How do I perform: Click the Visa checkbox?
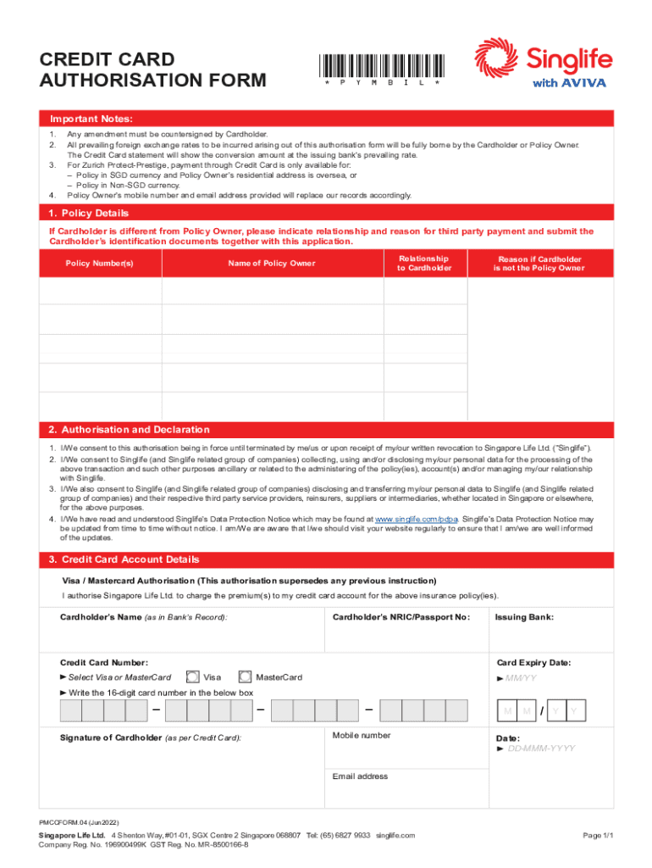(x=193, y=677)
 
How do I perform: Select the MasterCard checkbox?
(x=246, y=677)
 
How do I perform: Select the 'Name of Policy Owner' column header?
(x=272, y=264)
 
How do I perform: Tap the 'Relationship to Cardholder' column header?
(x=425, y=263)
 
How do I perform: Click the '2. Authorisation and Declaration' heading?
(x=129, y=430)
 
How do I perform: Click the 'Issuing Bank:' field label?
(x=524, y=617)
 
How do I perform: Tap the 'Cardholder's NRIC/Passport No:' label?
(x=401, y=617)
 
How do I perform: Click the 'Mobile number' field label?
(x=362, y=736)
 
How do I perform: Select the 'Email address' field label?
(x=360, y=776)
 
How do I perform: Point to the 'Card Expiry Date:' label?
(x=533, y=663)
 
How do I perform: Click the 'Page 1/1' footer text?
(x=597, y=836)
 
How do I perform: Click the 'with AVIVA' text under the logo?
(x=571, y=83)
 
